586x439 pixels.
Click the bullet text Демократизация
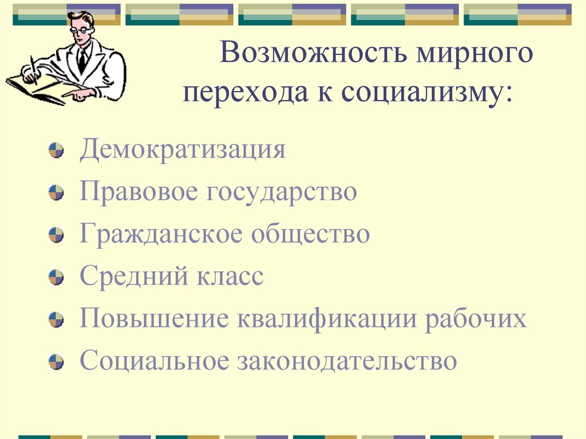pos(183,150)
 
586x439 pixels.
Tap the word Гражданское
pos(159,234)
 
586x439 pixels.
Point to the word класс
pos(230,276)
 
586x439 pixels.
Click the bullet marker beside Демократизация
pos(56,152)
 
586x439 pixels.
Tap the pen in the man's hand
pos(33,73)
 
